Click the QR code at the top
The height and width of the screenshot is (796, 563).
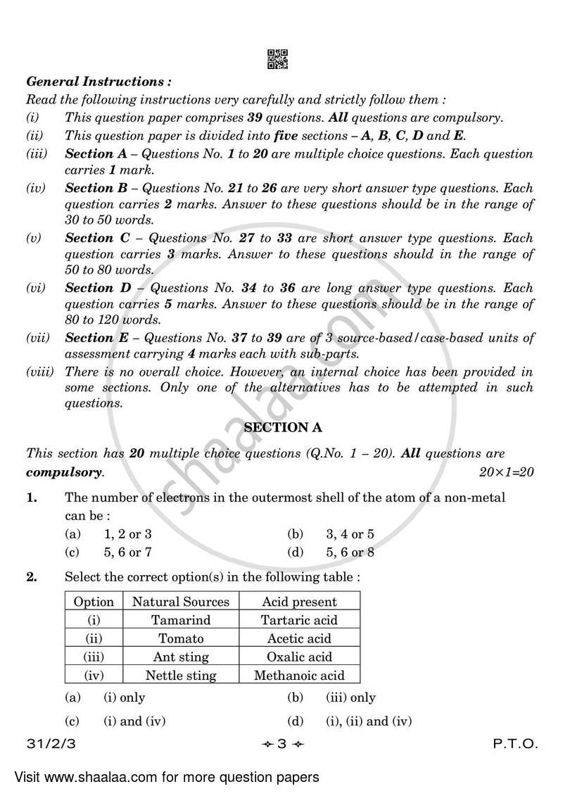coord(278,59)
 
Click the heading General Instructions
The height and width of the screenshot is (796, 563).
coord(98,82)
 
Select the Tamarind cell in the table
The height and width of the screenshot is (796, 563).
coord(181,620)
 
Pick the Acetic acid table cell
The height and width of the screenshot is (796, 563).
coord(299,638)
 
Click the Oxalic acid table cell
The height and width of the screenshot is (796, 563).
coord(299,657)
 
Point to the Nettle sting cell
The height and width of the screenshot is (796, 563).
coord(181,675)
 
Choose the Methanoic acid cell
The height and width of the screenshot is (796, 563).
coord(299,675)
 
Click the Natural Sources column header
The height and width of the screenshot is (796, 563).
coord(181,602)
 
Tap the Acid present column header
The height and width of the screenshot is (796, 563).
coord(299,602)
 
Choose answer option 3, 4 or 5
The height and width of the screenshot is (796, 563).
coord(350,533)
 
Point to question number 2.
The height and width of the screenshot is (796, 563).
coord(32,576)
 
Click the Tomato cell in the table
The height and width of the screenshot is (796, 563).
coord(181,638)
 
